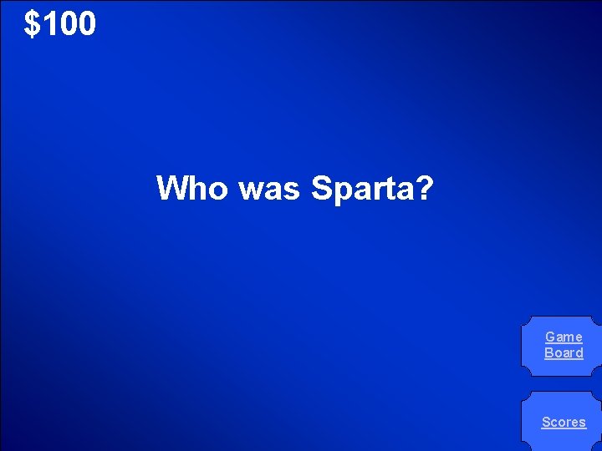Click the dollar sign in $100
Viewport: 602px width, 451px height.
pos(33,23)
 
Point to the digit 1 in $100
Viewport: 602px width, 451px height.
pos(48,23)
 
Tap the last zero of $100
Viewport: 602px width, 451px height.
pos(86,23)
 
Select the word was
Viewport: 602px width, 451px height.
pos(269,188)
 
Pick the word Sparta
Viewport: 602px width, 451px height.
pos(362,189)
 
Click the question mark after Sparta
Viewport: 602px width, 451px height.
pos(424,188)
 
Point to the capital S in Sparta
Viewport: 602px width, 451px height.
pos(321,188)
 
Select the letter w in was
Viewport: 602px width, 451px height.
pos(250,190)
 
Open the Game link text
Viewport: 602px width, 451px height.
pos(564,337)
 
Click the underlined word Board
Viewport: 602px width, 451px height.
pos(564,352)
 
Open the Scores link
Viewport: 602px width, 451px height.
pos(564,422)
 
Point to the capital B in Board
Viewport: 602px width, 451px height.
pos(548,352)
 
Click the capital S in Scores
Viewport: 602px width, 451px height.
pos(546,422)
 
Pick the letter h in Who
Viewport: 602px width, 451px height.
pos(197,188)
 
